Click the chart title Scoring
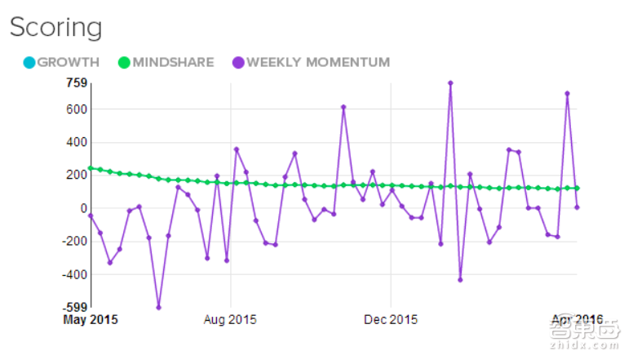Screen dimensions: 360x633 tap(55, 27)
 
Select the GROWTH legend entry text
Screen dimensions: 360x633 tap(69, 62)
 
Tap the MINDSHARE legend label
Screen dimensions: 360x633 tap(172, 62)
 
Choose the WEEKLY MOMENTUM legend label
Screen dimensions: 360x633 tap(318, 62)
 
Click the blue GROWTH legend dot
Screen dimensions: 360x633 tap(29, 62)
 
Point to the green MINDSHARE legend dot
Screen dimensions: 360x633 tap(124, 62)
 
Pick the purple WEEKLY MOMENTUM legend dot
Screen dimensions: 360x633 tap(238, 62)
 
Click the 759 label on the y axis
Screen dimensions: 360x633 tap(75, 82)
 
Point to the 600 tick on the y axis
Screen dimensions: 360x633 tap(75, 109)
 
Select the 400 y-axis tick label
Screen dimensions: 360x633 tap(75, 142)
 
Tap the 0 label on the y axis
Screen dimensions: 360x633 tap(82, 208)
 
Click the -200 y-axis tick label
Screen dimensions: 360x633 tap(73, 242)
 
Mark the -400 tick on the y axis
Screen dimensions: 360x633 tap(73, 275)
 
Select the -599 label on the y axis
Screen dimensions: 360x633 tap(73, 308)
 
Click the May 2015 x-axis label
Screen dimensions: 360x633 tap(91, 319)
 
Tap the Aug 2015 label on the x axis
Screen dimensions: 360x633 tap(231, 319)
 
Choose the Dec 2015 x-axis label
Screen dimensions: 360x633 tap(391, 319)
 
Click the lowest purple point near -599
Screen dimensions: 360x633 tap(158, 308)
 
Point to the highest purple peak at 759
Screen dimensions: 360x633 tap(450, 82)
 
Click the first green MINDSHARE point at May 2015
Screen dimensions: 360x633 tap(91, 168)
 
